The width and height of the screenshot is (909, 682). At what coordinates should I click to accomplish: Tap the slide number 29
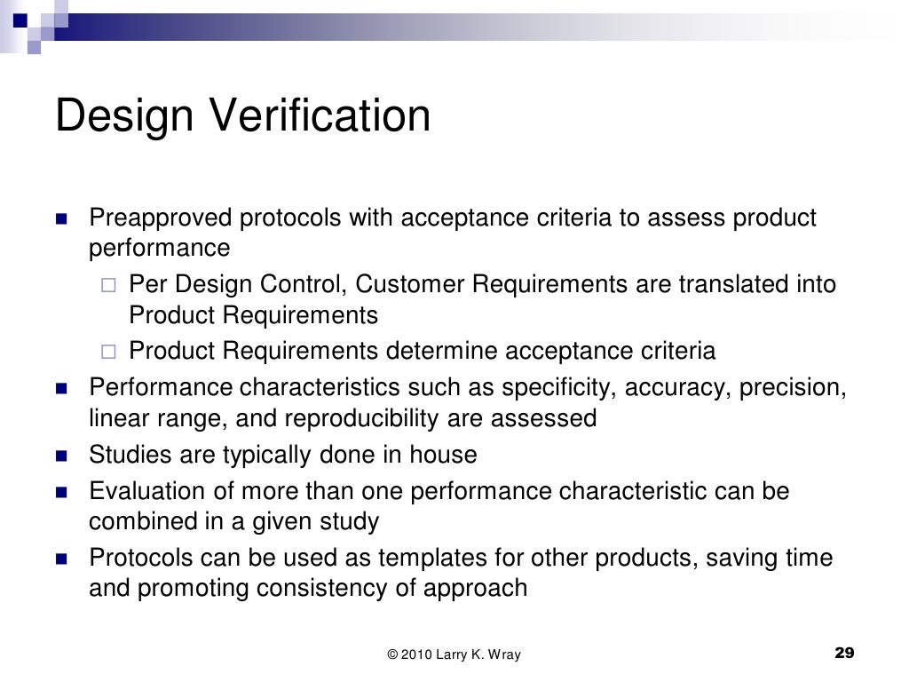(844, 654)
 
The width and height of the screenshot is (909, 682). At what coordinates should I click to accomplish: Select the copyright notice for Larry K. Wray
(454, 655)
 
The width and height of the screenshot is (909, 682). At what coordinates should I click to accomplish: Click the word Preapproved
(161, 218)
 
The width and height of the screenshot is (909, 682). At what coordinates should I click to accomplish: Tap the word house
(443, 456)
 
